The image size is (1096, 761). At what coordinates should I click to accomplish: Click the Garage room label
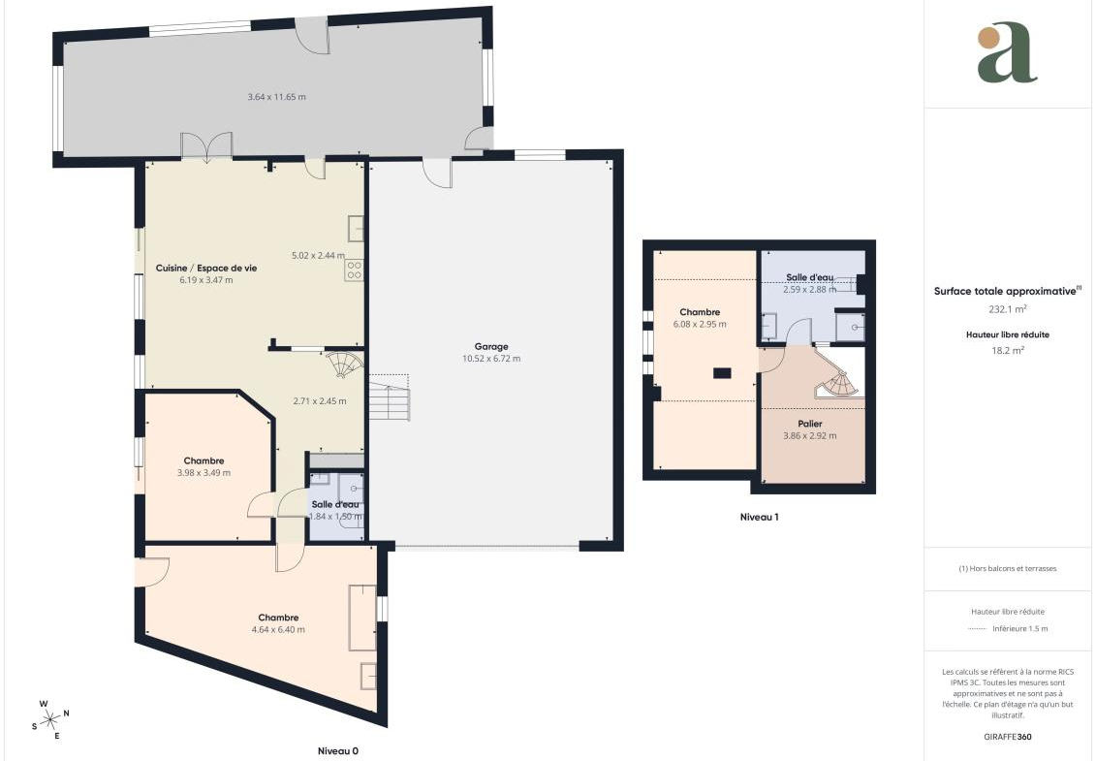pyautogui.click(x=491, y=346)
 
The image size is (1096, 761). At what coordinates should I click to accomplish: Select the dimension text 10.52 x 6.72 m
pyautogui.click(x=491, y=359)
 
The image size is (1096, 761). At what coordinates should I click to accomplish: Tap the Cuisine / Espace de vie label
pyautogui.click(x=206, y=268)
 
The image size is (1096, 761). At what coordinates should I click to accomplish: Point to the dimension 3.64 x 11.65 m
pyautogui.click(x=277, y=97)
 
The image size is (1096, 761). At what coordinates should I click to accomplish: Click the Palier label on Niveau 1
pyautogui.click(x=810, y=424)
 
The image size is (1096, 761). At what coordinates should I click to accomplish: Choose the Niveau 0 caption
pyautogui.click(x=338, y=751)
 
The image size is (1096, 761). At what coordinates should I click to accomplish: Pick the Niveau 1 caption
pyautogui.click(x=759, y=517)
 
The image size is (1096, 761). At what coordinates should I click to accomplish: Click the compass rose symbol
pyautogui.click(x=51, y=719)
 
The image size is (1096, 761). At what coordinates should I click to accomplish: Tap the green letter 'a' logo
pyautogui.click(x=1007, y=52)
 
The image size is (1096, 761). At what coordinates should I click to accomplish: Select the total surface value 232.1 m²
pyautogui.click(x=1007, y=308)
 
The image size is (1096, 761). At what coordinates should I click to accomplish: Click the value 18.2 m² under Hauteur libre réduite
pyautogui.click(x=1007, y=350)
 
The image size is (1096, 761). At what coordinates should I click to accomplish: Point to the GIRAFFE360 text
pyautogui.click(x=1007, y=737)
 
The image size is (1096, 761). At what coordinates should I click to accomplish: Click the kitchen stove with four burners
pyautogui.click(x=354, y=270)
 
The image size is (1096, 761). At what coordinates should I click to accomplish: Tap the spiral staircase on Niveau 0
pyautogui.click(x=345, y=363)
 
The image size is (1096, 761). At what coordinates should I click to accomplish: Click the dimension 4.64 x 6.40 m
pyautogui.click(x=278, y=629)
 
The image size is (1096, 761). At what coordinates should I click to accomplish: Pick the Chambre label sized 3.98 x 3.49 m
pyautogui.click(x=204, y=460)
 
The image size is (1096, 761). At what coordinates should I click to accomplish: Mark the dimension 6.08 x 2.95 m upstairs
pyautogui.click(x=700, y=325)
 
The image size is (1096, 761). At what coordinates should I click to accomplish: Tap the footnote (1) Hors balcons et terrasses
pyautogui.click(x=1007, y=569)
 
